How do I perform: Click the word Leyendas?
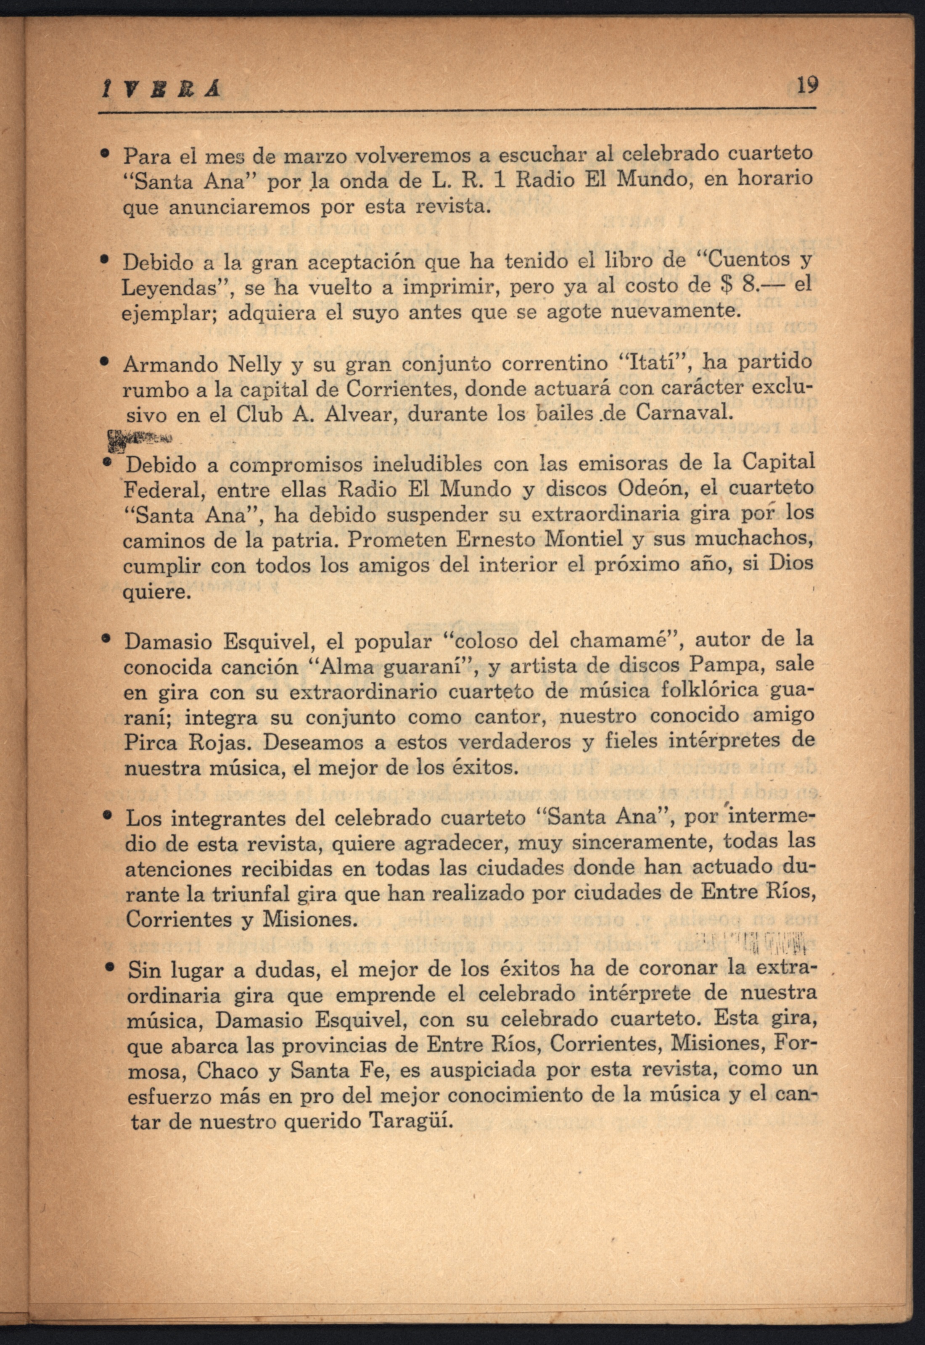164,288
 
